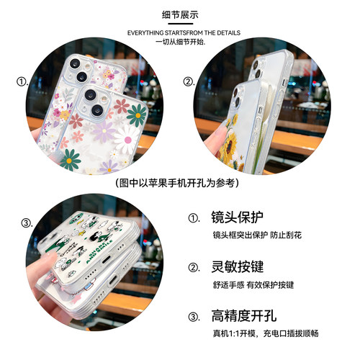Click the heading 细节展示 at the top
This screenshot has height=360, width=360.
(x=180, y=14)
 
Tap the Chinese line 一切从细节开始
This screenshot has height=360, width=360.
(x=180, y=42)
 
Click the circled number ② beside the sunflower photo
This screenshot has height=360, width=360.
(x=189, y=81)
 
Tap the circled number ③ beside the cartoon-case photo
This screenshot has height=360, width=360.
(x=27, y=222)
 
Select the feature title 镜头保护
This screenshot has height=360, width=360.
(x=237, y=217)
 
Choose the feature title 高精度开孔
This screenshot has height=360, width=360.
(x=243, y=316)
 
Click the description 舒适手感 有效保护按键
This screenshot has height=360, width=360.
(x=253, y=284)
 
